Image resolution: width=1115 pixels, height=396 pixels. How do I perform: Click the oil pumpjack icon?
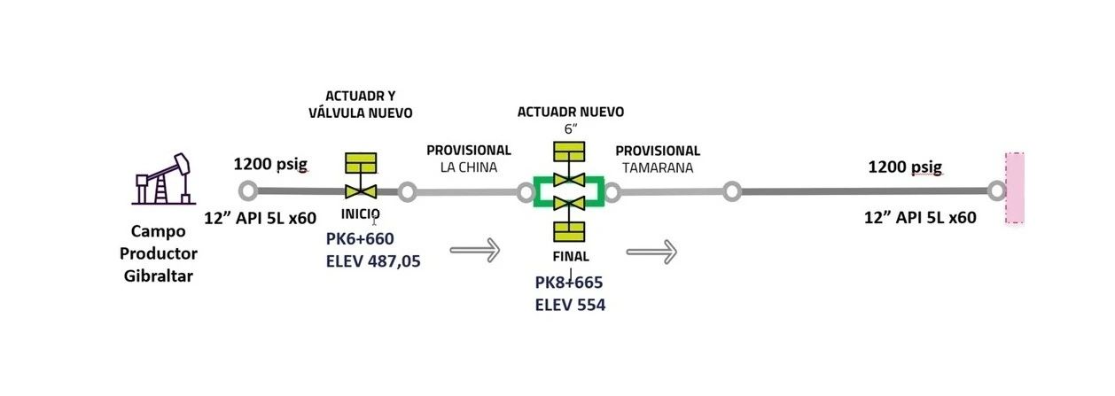point(163,179)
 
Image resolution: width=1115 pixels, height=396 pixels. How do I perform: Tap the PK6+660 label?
point(360,239)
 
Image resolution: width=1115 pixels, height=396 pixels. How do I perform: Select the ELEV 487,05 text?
point(373,261)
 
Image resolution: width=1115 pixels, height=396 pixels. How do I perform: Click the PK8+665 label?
point(569,283)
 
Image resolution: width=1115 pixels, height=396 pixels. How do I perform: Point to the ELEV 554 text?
point(570,305)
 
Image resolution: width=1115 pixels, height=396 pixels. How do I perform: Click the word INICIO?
point(361,214)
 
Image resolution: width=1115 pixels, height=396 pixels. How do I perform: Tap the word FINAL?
point(571,257)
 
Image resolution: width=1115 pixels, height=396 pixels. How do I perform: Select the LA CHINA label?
point(468,167)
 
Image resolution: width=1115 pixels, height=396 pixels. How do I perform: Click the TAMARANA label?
point(658,168)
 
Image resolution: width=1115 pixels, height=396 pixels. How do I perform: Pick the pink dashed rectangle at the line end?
point(1015,188)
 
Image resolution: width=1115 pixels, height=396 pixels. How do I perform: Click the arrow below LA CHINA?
point(475,250)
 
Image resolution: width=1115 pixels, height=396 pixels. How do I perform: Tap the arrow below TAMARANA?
point(651,252)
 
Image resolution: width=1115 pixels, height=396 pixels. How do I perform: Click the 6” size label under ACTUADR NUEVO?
point(571,129)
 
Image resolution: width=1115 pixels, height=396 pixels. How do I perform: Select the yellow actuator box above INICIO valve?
point(361,163)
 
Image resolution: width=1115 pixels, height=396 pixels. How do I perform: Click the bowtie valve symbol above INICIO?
point(361,191)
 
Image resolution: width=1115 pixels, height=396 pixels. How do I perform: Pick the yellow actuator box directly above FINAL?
point(569,231)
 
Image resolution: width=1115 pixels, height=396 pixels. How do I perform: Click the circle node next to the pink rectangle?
point(997,191)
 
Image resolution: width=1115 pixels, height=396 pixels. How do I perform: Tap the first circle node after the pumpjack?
point(248,191)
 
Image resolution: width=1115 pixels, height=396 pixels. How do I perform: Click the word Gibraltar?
point(159,276)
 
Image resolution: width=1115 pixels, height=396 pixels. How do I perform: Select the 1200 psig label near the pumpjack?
point(270,164)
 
